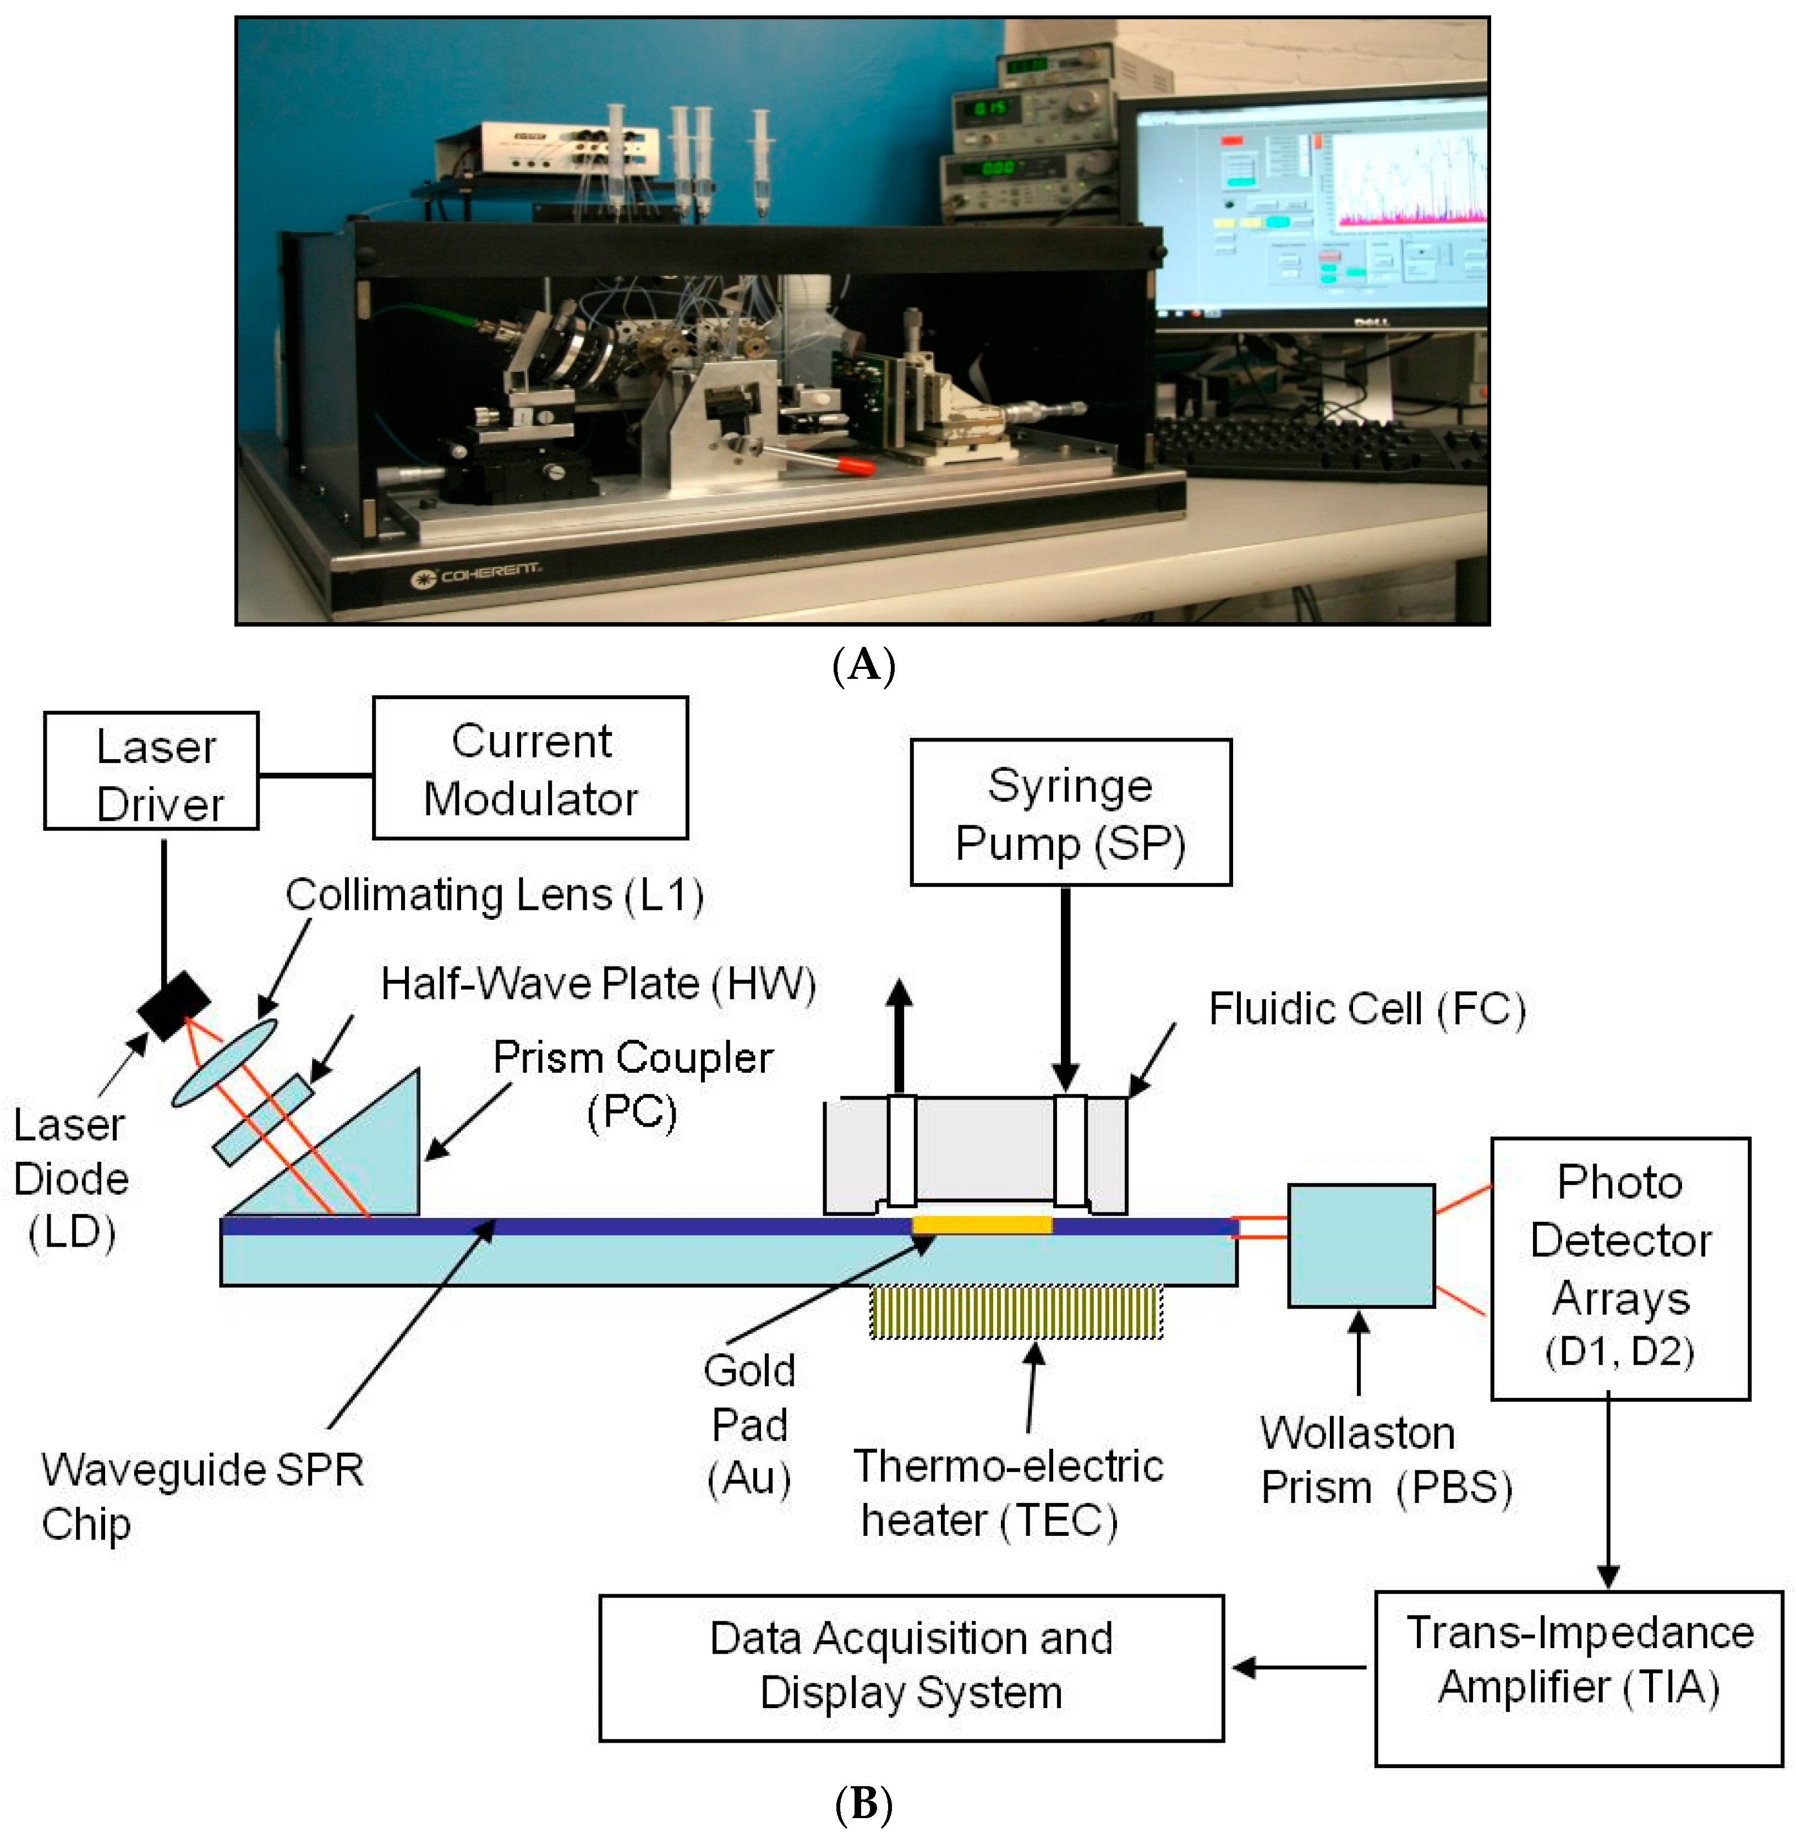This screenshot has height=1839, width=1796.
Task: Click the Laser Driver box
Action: coord(151,771)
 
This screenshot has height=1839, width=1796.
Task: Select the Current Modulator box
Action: coord(530,767)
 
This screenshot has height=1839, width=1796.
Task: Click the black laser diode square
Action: coord(173,1006)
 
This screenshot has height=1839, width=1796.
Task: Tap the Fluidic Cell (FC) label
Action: coord(1367,1009)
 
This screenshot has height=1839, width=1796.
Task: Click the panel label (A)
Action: coord(863,666)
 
